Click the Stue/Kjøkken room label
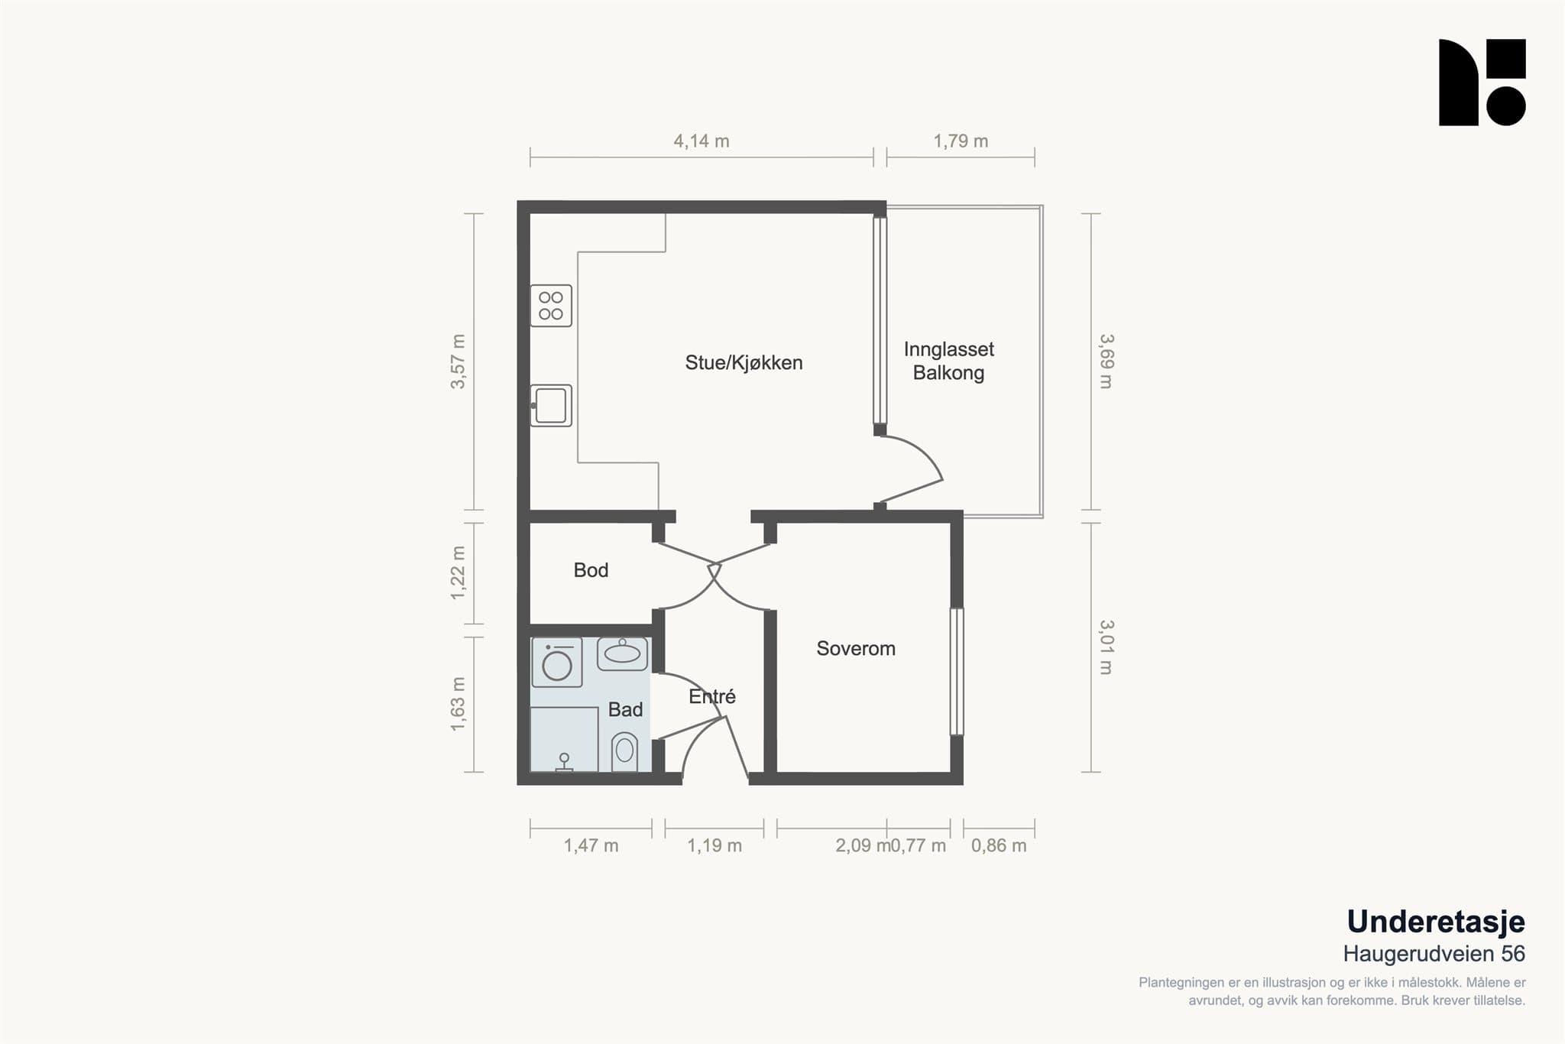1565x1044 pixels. pyautogui.click(x=744, y=363)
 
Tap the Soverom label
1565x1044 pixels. pyautogui.click(x=856, y=649)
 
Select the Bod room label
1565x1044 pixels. pyautogui.click(x=591, y=570)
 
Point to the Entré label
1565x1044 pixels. pyautogui.click(x=712, y=696)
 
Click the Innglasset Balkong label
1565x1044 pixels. pyautogui.click(x=949, y=362)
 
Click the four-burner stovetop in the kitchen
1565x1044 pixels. pyautogui.click(x=551, y=306)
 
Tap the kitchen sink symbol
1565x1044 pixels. pyautogui.click(x=551, y=406)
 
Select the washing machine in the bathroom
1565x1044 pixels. pyautogui.click(x=556, y=662)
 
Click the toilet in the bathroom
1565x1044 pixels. pyautogui.click(x=624, y=752)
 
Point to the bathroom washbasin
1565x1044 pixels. pyautogui.click(x=622, y=653)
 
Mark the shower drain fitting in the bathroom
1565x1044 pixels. pyautogui.click(x=564, y=763)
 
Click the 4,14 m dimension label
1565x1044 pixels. pyautogui.click(x=701, y=141)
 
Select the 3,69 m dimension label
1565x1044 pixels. pyautogui.click(x=1106, y=362)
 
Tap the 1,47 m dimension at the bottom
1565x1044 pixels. pyautogui.click(x=591, y=846)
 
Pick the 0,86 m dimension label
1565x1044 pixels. pyautogui.click(x=999, y=846)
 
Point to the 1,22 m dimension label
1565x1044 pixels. pyautogui.click(x=458, y=573)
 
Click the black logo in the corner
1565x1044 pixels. pyautogui.click(x=1482, y=83)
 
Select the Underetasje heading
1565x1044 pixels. pyautogui.click(x=1436, y=922)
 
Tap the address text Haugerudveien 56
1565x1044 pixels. pyautogui.click(x=1434, y=954)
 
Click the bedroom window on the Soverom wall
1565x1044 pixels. pyautogui.click(x=957, y=672)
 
